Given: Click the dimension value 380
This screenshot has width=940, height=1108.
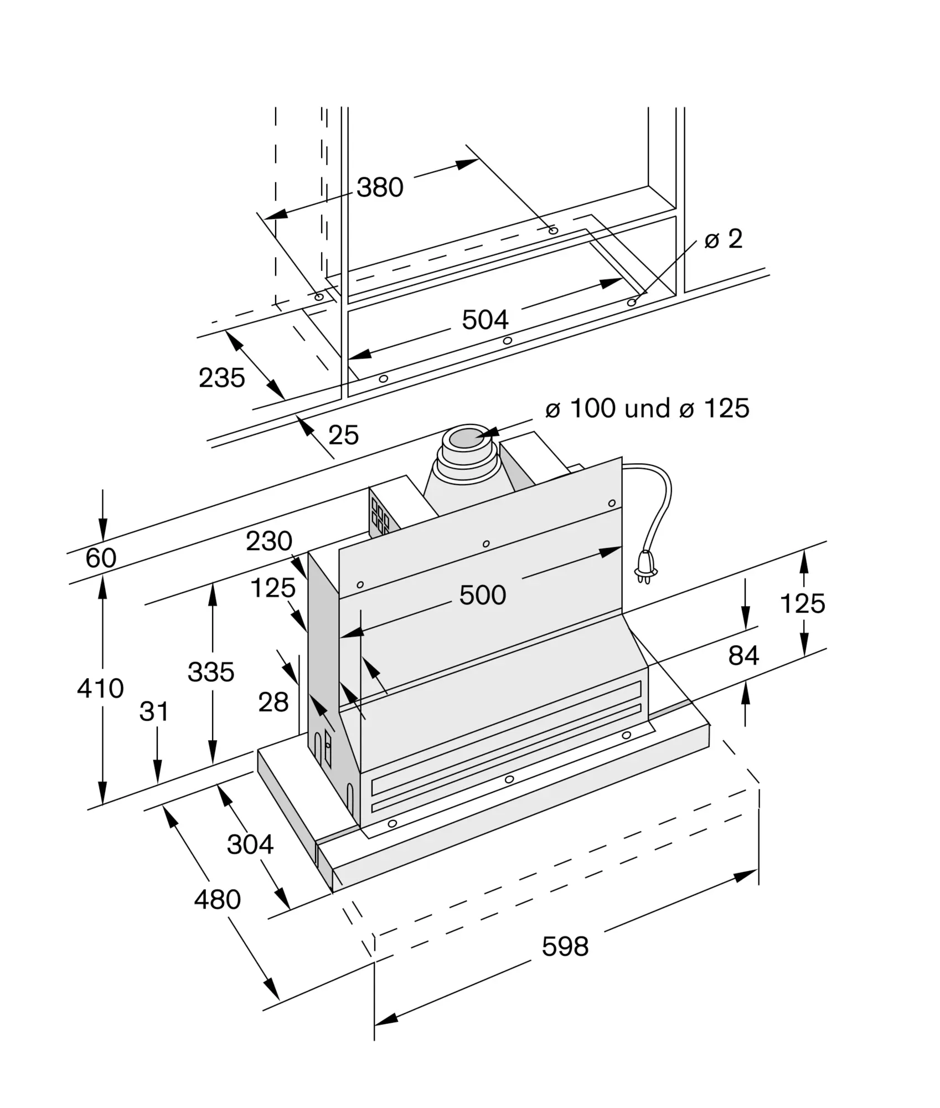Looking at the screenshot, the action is click(380, 187).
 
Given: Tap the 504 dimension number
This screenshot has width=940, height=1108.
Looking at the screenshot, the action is click(485, 320).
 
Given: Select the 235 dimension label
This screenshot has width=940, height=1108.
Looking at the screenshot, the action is click(221, 378).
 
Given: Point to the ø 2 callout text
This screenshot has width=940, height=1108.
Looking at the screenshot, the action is click(723, 239).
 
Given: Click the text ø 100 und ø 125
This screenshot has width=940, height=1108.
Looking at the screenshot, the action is click(647, 408).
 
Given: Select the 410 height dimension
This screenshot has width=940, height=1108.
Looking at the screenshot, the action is click(100, 688).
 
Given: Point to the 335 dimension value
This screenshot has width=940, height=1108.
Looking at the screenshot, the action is click(211, 672).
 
